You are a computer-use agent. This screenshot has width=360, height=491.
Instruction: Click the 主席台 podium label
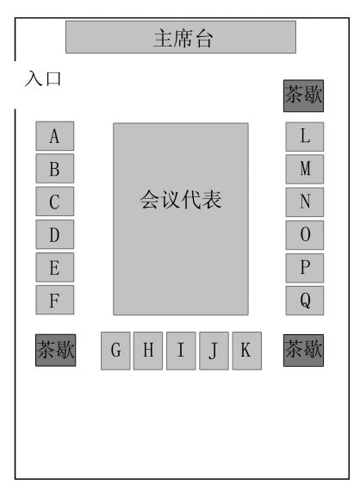[183, 38]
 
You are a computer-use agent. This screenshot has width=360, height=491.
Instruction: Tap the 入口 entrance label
[43, 78]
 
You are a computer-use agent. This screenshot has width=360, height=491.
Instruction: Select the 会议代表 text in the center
[181, 200]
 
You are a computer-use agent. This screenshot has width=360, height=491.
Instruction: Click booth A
[55, 136]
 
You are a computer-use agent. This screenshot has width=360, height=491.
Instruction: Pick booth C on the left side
[55, 202]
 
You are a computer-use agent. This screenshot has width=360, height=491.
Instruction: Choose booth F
[55, 300]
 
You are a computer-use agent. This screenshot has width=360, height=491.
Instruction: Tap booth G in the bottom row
[115, 351]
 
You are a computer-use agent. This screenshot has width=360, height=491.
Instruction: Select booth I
[181, 351]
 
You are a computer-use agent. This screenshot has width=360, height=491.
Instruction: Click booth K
[246, 351]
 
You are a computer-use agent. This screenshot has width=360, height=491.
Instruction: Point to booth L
[305, 137]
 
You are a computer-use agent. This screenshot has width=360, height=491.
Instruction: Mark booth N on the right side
[305, 202]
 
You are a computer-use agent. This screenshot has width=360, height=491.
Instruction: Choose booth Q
[305, 301]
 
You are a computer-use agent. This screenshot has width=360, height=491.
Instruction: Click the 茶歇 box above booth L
[304, 96]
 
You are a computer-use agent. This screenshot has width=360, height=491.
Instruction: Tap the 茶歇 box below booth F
[56, 350]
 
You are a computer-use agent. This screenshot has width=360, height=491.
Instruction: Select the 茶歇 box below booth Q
[304, 350]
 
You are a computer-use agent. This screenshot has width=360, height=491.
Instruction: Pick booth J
[214, 351]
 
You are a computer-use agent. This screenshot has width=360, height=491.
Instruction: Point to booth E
[55, 267]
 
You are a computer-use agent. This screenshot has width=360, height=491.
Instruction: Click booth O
[305, 235]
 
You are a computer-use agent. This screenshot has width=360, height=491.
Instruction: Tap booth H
[148, 351]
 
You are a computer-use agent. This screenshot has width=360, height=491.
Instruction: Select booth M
[305, 169]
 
